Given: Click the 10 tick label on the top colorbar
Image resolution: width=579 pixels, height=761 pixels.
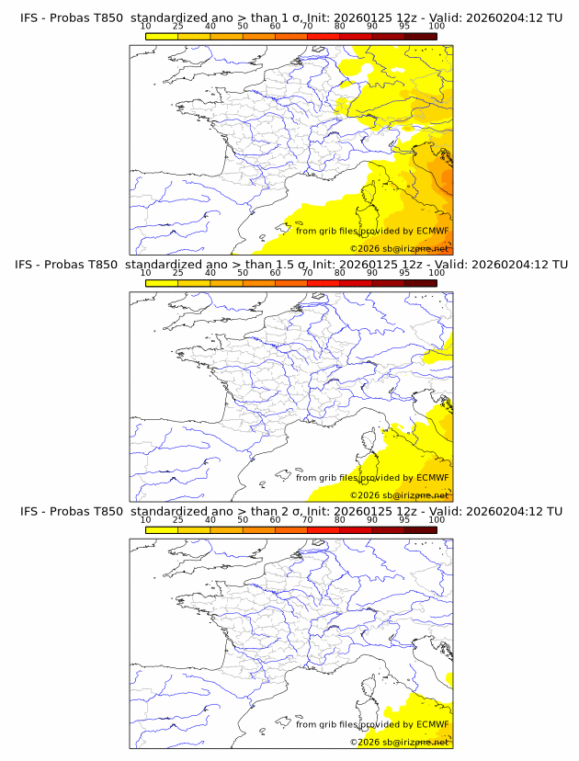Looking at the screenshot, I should (145, 26).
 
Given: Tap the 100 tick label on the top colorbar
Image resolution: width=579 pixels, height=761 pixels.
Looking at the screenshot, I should (437, 26).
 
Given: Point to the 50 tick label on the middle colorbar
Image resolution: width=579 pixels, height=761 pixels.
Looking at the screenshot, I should (243, 273).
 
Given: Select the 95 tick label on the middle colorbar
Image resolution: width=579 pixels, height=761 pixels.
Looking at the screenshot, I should (404, 273).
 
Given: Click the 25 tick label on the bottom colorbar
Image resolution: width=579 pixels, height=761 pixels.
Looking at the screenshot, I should (177, 519).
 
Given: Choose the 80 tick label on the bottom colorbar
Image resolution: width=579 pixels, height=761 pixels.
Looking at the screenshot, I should (339, 519).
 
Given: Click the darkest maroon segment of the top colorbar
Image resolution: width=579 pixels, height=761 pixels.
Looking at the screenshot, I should (420, 36).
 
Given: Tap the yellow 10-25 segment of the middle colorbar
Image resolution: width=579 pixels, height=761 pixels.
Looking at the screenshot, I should (161, 283).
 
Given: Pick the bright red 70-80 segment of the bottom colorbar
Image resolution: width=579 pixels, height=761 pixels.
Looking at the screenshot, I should (324, 529).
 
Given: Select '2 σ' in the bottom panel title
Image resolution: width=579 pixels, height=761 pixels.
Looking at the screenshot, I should (297, 511).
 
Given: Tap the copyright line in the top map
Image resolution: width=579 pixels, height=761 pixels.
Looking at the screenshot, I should (399, 249).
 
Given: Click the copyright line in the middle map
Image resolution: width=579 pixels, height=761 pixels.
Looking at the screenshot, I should (399, 495).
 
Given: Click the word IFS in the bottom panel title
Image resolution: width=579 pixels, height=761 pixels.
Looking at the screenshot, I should (29, 511).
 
